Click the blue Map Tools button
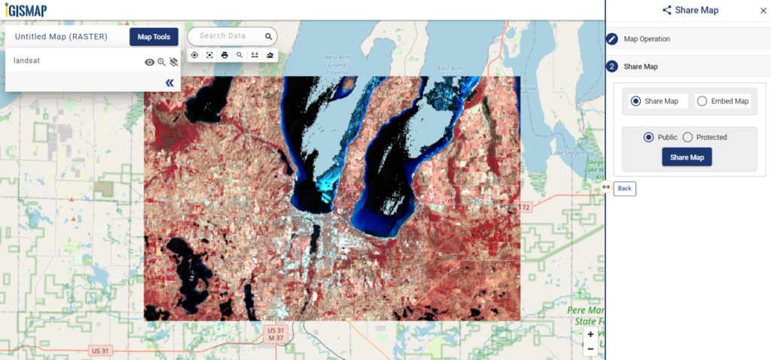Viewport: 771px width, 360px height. (x=154, y=37)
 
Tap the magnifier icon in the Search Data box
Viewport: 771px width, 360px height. (x=268, y=36)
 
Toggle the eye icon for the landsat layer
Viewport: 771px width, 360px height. (x=149, y=63)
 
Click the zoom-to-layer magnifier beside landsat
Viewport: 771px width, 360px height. (x=161, y=63)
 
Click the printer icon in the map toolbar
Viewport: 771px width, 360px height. (x=224, y=55)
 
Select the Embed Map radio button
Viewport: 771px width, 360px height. (x=702, y=101)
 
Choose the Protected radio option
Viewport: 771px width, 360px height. (x=687, y=137)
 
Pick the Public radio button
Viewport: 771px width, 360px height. (x=648, y=137)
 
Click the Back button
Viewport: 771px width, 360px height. (x=624, y=188)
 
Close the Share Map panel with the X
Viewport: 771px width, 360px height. (x=763, y=11)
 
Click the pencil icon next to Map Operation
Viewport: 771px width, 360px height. (x=612, y=38)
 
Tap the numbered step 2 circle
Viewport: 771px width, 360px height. (x=612, y=66)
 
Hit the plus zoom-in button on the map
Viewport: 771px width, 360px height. (x=590, y=334)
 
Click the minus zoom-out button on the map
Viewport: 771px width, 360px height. (x=590, y=349)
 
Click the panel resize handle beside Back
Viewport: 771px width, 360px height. (x=606, y=187)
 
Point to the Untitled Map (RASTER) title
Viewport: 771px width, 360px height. (x=61, y=37)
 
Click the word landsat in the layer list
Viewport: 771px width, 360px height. (x=26, y=60)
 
